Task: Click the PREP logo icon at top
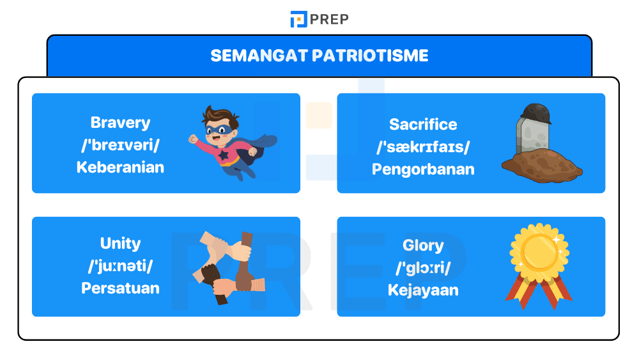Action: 298,19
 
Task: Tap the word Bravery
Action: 120,122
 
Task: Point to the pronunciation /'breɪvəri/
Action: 120,145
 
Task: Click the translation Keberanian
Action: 120,168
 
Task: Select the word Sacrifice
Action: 423,124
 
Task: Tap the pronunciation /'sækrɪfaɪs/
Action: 423,147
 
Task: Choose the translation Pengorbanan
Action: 423,169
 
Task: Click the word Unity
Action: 120,243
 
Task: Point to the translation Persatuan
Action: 120,288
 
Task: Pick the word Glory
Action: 423,246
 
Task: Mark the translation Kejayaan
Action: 423,290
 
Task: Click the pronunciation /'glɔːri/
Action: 423,268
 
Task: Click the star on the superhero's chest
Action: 224,156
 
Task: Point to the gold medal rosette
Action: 539,253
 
